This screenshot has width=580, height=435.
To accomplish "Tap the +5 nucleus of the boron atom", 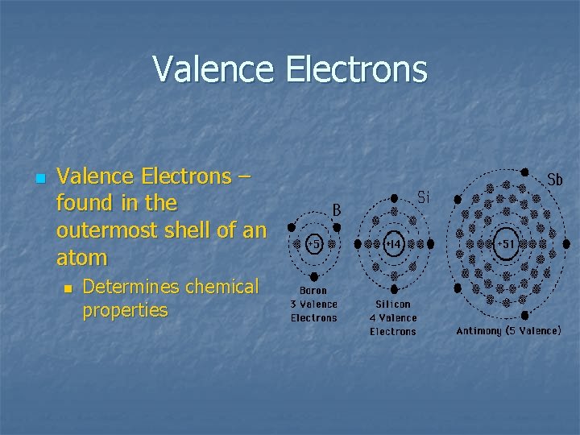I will (x=313, y=243).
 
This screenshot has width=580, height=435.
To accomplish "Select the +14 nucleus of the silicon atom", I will (x=394, y=243).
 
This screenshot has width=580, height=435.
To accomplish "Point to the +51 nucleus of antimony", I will (x=507, y=243).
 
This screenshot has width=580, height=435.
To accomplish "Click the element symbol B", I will (x=338, y=209).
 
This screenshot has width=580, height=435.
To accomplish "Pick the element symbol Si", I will (x=424, y=196).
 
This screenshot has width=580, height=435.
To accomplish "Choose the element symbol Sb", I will (x=554, y=180).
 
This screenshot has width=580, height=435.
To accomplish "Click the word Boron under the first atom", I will (x=313, y=291).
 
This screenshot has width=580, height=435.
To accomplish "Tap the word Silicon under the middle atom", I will (x=393, y=304).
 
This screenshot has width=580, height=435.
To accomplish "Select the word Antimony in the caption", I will (x=479, y=330).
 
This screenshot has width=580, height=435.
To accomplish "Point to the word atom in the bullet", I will (x=81, y=258).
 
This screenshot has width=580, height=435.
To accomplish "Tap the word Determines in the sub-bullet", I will (x=131, y=287).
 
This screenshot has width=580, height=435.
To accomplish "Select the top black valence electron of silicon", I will (x=394, y=197).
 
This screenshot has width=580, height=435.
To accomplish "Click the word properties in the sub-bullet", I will (x=125, y=310).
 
